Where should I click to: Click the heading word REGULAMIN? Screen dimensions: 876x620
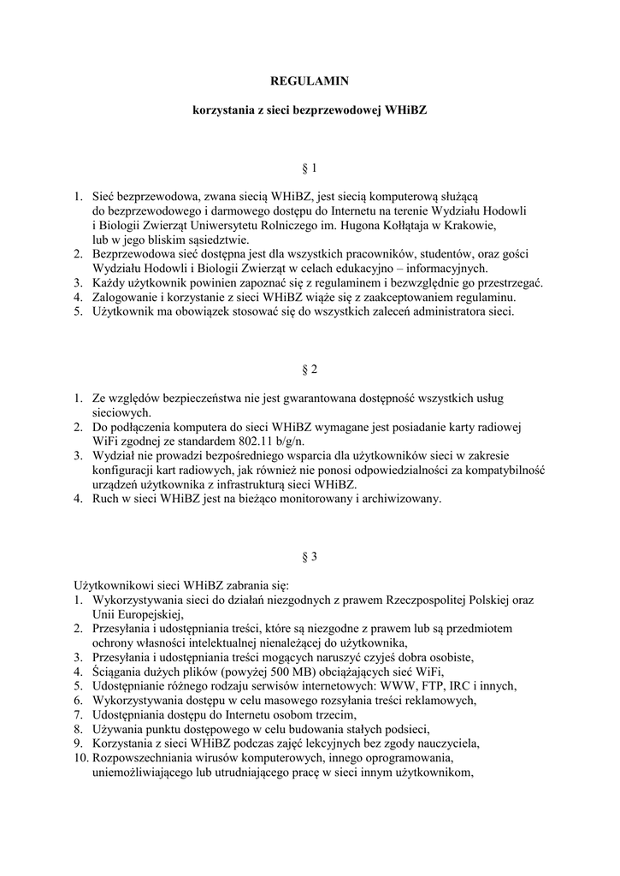point(310,82)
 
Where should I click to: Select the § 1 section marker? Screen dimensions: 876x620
point(310,168)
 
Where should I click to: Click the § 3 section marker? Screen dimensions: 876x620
point(310,557)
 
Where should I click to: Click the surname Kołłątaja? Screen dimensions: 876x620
point(409,226)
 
